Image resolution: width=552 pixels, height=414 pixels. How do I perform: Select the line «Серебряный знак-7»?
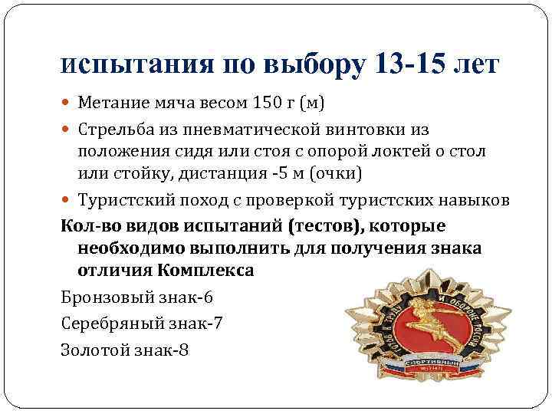[x=141, y=323]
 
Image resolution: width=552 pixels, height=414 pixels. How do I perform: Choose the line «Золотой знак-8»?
[x=123, y=349]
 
